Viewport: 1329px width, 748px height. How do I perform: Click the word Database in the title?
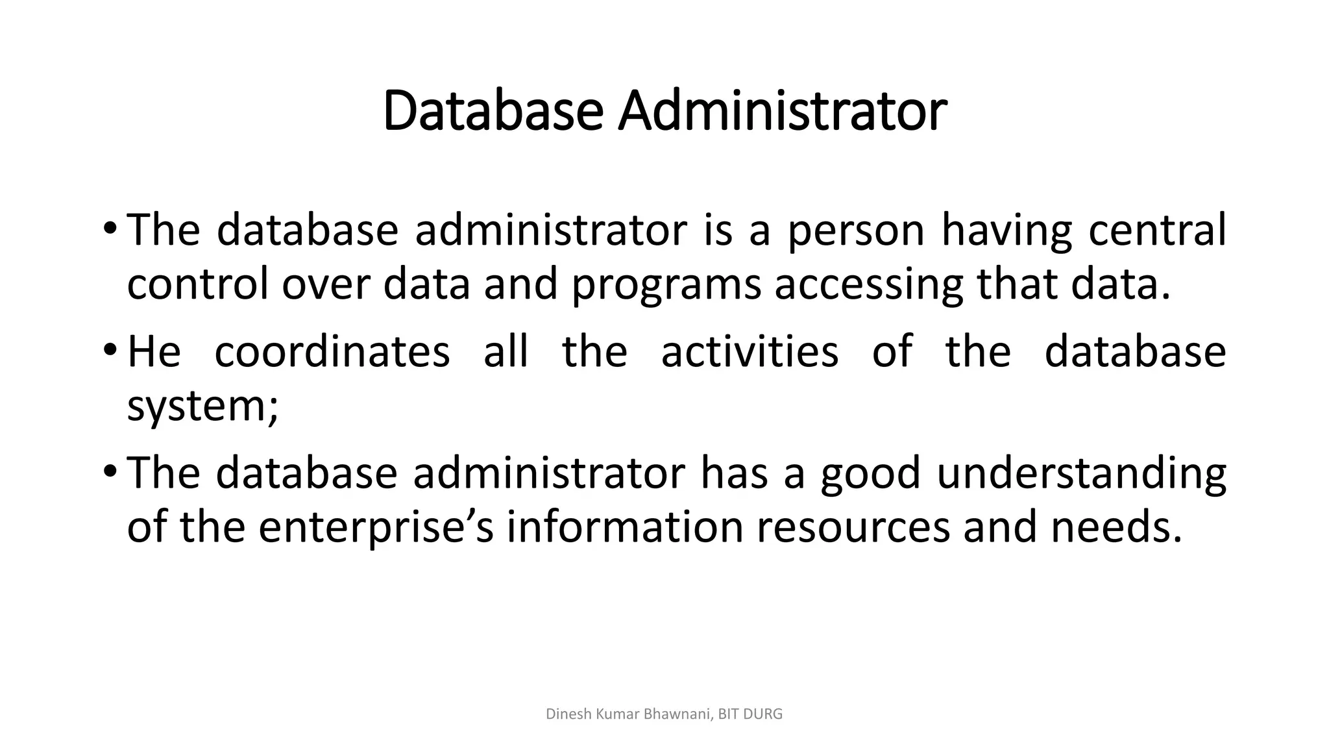493,111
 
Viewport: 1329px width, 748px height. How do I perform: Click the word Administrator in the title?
782,111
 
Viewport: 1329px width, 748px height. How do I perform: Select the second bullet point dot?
109,350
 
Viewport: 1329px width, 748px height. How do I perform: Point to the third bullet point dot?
109,471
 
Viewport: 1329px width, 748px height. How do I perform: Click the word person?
856,231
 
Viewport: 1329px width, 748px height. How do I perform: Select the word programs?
666,286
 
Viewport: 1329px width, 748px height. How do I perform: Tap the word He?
154,351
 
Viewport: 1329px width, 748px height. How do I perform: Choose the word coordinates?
332,351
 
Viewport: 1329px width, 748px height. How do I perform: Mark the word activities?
750,351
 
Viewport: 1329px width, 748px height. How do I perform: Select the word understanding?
1081,474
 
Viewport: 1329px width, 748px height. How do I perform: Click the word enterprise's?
376,529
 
